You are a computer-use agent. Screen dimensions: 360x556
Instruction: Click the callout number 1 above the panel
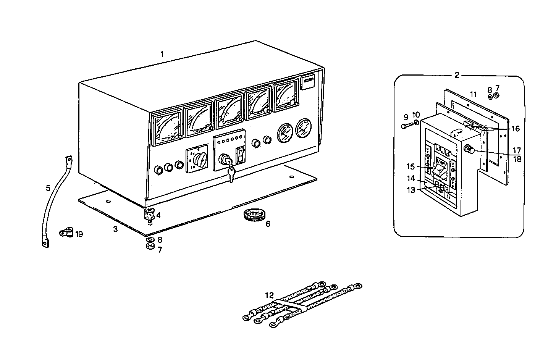tap(162, 54)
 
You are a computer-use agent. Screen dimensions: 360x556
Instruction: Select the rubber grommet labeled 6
tap(252, 215)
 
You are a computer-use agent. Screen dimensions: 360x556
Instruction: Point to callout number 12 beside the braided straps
tap(270, 295)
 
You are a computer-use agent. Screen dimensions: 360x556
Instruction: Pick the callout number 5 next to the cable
tap(48, 188)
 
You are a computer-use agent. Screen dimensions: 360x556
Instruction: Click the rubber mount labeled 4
tap(148, 215)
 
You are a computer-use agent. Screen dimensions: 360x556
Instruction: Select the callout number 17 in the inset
tap(517, 150)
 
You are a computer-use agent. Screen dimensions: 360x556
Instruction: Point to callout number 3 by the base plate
tap(115, 229)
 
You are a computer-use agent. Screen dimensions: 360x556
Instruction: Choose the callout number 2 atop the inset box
tap(457, 75)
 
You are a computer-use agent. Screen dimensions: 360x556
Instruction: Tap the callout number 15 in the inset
tap(411, 167)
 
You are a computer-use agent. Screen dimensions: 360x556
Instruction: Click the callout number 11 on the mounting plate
tap(473, 94)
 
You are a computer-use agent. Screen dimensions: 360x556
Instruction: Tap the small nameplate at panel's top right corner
tap(308, 82)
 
